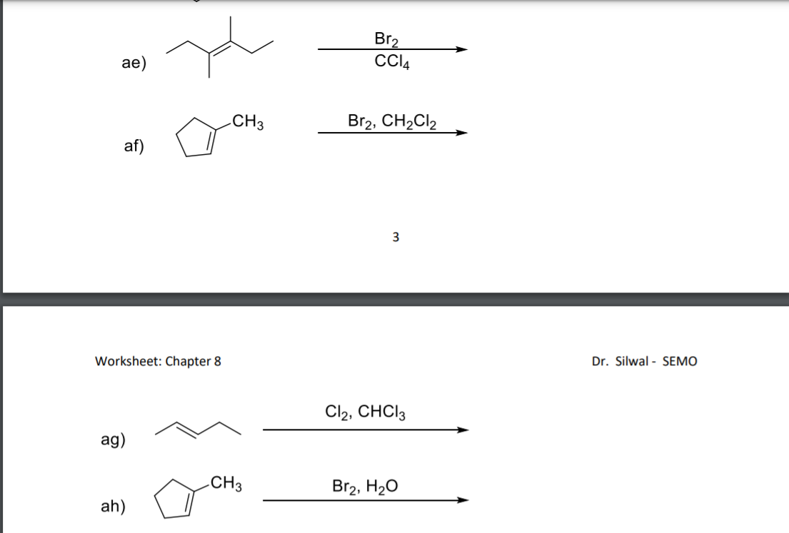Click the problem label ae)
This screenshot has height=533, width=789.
click(x=134, y=64)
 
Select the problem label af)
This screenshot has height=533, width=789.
click(x=134, y=146)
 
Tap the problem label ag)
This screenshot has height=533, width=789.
click(x=114, y=440)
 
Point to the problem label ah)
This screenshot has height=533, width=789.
click(x=114, y=507)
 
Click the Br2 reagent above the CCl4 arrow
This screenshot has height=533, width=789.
click(x=387, y=39)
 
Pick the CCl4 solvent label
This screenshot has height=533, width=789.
click(x=391, y=61)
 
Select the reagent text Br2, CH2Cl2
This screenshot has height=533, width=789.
click(x=393, y=121)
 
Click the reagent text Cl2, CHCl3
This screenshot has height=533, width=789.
click(x=366, y=412)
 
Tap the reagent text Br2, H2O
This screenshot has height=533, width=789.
click(x=366, y=487)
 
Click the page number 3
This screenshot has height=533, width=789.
click(x=396, y=237)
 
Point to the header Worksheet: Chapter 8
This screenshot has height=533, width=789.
click(x=158, y=361)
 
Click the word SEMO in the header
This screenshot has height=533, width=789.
click(x=680, y=361)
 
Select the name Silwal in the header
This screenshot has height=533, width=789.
click(x=630, y=361)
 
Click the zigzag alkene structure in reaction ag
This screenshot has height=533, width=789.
click(x=199, y=428)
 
